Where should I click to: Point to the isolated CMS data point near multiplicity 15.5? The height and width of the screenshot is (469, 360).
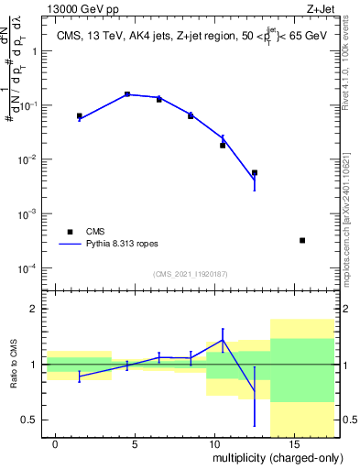coord(302,240)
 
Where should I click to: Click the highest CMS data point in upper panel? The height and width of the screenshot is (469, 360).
coord(127,94)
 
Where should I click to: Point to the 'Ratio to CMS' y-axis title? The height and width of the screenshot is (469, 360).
coord(14,364)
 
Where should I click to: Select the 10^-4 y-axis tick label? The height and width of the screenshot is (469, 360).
coord(28,268)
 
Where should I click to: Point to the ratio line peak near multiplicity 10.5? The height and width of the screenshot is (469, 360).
coord(223,340)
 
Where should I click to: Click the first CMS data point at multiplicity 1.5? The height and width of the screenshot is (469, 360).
coord(80,116)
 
